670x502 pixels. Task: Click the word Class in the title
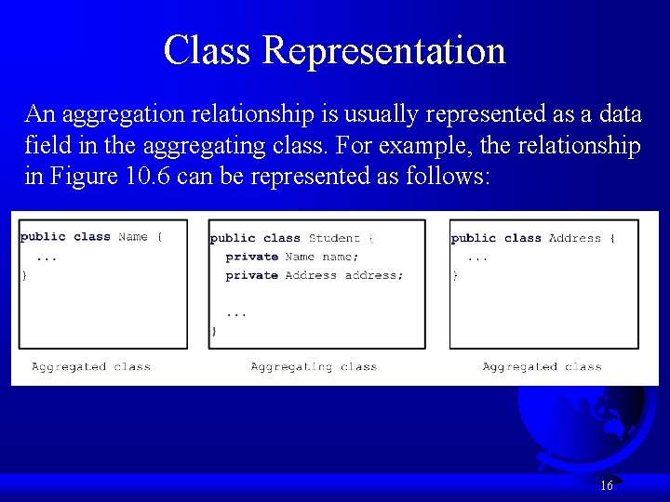[x=208, y=50]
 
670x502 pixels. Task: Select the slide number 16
[x=607, y=485]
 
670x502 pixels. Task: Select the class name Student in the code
[x=334, y=238]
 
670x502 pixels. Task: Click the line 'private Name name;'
[x=292, y=257]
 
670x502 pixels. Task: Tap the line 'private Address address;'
[x=315, y=275]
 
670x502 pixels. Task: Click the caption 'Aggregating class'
[x=314, y=367]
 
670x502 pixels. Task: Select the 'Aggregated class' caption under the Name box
[x=91, y=367]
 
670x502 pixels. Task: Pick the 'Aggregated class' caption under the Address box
[x=542, y=367]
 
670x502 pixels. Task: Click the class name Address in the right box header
[x=575, y=238]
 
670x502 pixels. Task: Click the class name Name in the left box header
[x=133, y=237]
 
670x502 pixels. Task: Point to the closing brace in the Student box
[x=214, y=330]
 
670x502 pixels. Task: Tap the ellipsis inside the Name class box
[x=47, y=257]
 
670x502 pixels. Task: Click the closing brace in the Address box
[x=454, y=275]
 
